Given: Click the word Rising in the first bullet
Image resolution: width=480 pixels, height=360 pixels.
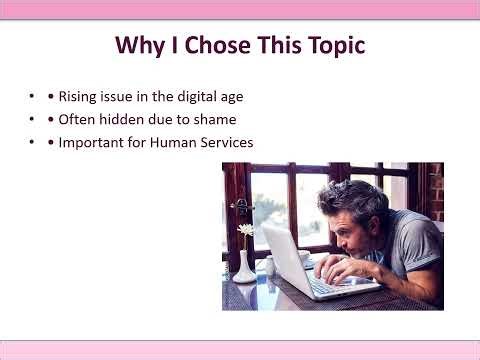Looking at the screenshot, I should click(77, 97).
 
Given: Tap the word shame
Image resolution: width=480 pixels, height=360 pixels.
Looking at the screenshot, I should click(212, 120).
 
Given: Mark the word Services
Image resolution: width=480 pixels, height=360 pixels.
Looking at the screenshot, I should click(227, 143).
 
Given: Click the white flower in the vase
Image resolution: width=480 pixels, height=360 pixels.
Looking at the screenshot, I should click(245, 230).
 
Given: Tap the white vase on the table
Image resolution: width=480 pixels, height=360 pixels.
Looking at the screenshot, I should click(244, 267).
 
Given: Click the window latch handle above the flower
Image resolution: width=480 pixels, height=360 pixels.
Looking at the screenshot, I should click(239, 204).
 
